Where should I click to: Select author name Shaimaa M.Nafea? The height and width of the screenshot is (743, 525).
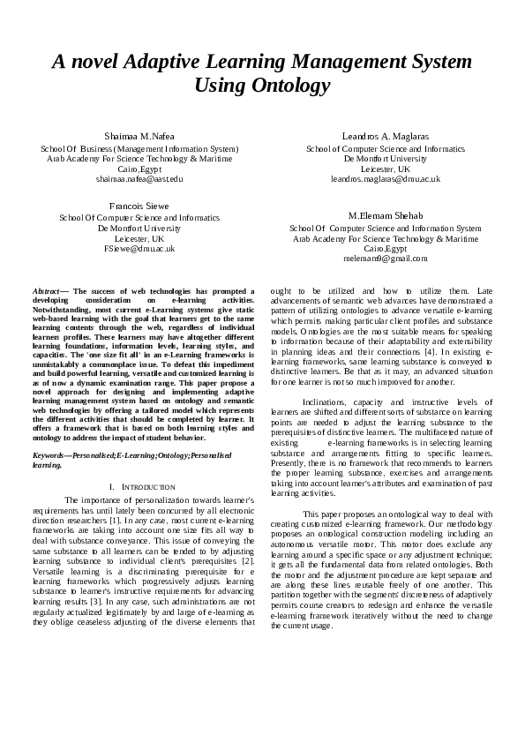[139, 138]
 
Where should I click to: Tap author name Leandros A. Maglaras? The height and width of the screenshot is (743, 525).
[385, 138]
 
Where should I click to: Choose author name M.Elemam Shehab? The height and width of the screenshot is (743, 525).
[386, 215]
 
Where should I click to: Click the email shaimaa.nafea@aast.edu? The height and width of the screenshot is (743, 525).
[139, 178]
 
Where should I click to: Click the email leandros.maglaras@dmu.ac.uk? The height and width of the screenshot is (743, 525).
[386, 178]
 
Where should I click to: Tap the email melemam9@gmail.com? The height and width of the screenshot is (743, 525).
[386, 259]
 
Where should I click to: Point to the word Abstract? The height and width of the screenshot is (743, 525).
[47, 290]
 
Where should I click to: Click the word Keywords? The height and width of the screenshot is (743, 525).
[50, 454]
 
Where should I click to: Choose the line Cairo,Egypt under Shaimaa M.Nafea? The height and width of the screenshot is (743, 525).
[139, 169]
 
